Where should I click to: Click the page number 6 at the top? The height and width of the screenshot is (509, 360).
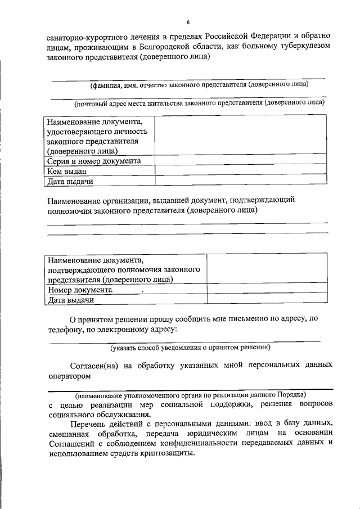point(188,22)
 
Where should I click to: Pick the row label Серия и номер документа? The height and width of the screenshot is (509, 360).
point(94,161)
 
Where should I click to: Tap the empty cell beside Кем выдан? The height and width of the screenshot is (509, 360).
point(240,172)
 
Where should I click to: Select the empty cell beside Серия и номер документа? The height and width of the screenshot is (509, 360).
point(240,161)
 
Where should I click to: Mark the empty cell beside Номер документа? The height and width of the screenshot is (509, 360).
point(267,290)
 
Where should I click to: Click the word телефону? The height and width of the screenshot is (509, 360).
point(64,329)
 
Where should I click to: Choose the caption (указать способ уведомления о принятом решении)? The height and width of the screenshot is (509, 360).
point(191,348)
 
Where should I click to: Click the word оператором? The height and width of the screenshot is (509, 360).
point(69,376)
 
